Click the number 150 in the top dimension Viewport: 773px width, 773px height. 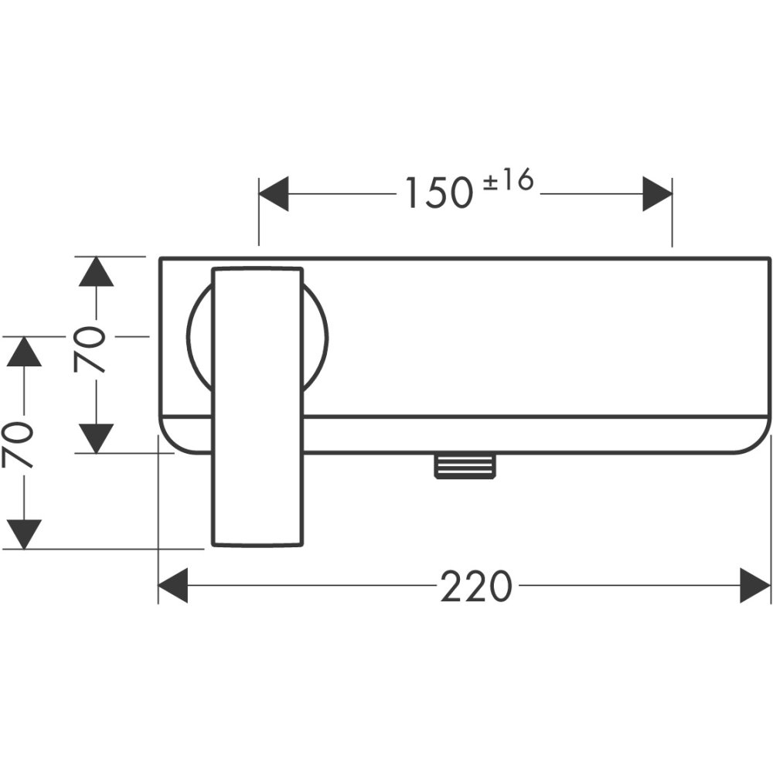click(x=438, y=193)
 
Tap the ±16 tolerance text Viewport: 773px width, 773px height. click(x=509, y=182)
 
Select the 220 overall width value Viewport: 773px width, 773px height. click(x=476, y=587)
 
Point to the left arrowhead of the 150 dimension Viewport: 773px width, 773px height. click(x=273, y=194)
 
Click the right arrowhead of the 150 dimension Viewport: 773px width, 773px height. click(x=657, y=194)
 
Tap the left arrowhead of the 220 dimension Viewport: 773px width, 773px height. click(x=173, y=585)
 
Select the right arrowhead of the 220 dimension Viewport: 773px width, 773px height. click(x=755, y=585)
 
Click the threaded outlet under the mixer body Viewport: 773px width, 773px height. click(x=464, y=466)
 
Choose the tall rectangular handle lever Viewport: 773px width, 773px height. click(x=257, y=406)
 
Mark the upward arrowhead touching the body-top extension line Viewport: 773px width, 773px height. click(x=96, y=271)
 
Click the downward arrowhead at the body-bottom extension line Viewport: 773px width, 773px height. click(x=96, y=438)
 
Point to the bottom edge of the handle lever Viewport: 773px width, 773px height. click(x=257, y=545)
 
